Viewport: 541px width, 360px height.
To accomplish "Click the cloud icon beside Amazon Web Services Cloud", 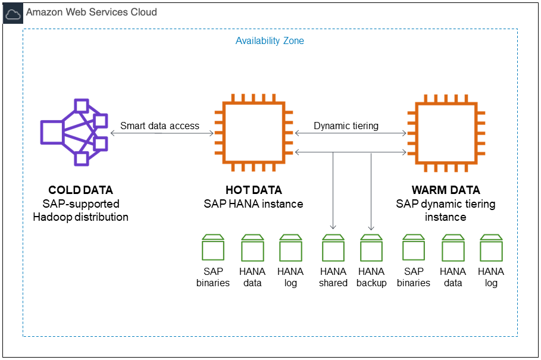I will tap(13, 12).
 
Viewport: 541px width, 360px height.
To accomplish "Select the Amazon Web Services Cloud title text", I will tap(91, 12).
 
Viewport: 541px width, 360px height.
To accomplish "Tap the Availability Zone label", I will tap(270, 41).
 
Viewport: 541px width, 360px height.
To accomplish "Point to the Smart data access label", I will tap(160, 126).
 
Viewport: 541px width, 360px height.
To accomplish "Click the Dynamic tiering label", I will tap(346, 126).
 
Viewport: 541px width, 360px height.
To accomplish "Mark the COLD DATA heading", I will tap(80, 190).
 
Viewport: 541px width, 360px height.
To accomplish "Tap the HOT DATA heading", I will tap(254, 190).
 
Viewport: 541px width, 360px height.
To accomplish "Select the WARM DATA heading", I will tap(446, 190).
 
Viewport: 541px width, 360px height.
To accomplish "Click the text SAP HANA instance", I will tap(254, 204).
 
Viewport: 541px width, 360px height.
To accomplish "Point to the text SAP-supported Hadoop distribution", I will tap(80, 211).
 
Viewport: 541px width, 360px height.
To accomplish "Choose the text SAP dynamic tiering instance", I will tap(446, 211).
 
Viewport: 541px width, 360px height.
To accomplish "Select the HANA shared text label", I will tap(333, 277).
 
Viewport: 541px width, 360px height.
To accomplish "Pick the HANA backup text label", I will tap(371, 277).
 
